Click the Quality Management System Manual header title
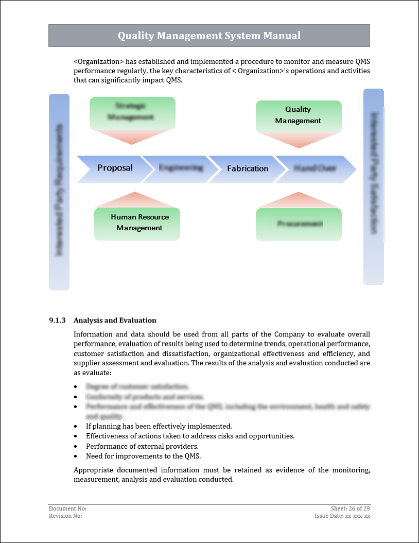point(209,36)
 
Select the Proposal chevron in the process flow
point(115,168)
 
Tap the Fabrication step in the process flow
point(248,168)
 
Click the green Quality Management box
point(298,115)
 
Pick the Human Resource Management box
point(139,223)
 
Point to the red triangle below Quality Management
point(299,140)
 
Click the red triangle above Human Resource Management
point(135,199)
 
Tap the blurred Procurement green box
point(299,224)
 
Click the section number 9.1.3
point(58,320)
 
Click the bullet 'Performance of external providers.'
point(142,446)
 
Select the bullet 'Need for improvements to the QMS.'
point(143,456)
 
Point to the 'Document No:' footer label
point(64,508)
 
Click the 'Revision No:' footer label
point(65,516)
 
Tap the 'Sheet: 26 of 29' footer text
point(350,508)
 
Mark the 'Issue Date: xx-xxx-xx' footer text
point(342,516)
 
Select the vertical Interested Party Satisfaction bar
point(374,186)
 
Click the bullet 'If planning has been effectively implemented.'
point(159,426)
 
